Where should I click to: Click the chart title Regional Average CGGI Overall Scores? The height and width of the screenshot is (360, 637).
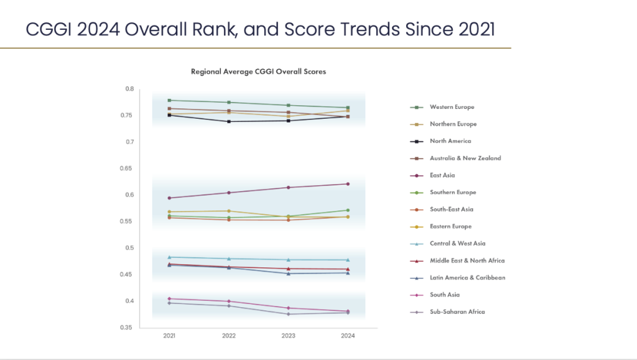tap(258, 72)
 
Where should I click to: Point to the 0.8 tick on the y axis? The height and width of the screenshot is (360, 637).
tap(129, 89)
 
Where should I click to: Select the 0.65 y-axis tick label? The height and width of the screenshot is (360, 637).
tap(128, 168)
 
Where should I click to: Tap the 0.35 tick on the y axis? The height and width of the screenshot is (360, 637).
tap(128, 328)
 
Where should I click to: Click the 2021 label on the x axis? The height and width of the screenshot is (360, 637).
tap(169, 336)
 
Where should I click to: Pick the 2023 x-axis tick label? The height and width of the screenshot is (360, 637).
tap(288, 336)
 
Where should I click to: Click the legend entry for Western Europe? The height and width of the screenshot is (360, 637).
tap(452, 108)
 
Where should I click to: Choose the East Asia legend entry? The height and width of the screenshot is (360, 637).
tap(442, 175)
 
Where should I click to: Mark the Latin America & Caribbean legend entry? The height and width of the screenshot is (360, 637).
tap(467, 278)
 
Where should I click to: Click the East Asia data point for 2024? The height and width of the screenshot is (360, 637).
tap(348, 184)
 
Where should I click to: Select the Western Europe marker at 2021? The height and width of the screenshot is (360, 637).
tap(169, 100)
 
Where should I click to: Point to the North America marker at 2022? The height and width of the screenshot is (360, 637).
tap(229, 121)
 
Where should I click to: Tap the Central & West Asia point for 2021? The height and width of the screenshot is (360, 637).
tap(169, 257)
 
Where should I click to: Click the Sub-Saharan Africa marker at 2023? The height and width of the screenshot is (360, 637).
tap(288, 314)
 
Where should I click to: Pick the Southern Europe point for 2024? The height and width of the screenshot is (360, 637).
tap(348, 210)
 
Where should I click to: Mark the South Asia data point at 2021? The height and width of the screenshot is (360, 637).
tap(169, 298)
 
